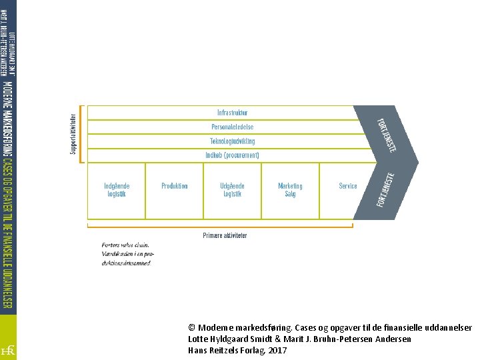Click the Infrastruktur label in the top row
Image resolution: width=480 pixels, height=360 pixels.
[232, 113]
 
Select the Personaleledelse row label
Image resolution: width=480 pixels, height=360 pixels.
[232, 127]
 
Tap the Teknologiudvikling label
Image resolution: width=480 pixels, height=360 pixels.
[232, 141]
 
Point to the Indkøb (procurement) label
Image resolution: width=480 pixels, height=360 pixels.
[232, 155]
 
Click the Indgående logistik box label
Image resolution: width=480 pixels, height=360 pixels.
[117, 190]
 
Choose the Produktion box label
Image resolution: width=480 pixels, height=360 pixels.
[175, 186]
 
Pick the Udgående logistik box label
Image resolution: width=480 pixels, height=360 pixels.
[232, 190]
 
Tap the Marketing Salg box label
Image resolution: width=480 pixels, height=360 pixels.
[290, 190]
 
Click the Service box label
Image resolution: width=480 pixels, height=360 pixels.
[348, 186]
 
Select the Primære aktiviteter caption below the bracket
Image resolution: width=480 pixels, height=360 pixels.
[225, 235]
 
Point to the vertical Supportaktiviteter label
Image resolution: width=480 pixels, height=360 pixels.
[73, 133]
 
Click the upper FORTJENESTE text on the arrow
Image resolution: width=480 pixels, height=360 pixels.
[387, 134]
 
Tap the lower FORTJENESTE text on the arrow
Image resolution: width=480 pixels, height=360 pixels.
[386, 189]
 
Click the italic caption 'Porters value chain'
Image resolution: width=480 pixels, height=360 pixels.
[125, 245]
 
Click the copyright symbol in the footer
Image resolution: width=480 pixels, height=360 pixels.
[192, 328]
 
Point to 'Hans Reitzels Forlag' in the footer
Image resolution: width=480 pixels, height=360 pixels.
[227, 350]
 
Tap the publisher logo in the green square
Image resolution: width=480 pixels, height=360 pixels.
[7, 349]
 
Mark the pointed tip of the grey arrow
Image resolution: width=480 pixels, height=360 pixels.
[418, 162]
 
